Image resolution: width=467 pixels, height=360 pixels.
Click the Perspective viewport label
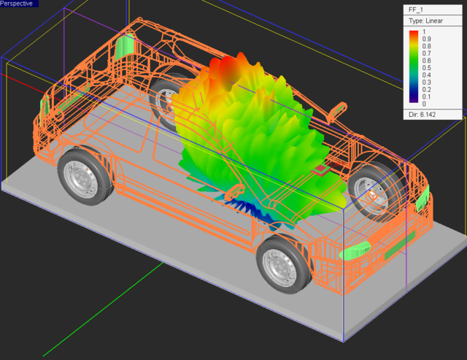[17, 4]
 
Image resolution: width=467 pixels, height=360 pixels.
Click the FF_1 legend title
[416, 9]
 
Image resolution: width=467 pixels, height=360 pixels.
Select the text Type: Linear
[425, 21]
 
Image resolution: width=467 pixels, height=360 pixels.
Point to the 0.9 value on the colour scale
[426, 39]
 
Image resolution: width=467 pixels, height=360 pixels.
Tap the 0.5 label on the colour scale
[426, 68]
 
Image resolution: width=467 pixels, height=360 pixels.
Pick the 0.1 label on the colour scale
[426, 97]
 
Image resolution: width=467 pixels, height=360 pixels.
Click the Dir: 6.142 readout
[422, 115]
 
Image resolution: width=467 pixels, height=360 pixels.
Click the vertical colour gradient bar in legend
[414, 66]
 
